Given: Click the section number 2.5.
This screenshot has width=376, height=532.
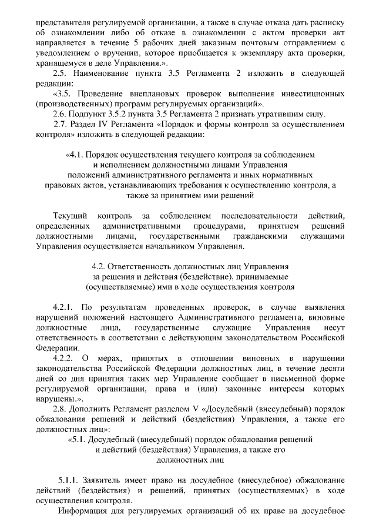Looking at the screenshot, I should (x=60, y=73).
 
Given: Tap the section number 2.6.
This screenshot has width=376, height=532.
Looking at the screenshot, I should (x=60, y=113).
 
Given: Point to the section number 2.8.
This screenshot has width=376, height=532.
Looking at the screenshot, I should (x=60, y=408).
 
